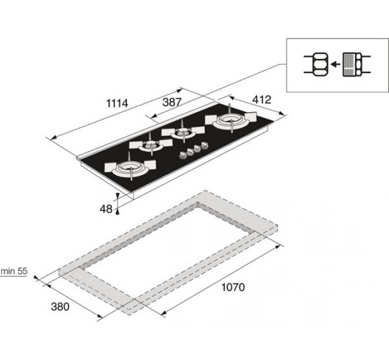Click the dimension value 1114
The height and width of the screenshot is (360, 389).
coord(117,103)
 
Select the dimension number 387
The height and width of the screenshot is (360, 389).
coord(172,102)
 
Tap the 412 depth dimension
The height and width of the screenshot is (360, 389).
coord(262,99)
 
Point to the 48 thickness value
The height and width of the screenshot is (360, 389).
coord(106,209)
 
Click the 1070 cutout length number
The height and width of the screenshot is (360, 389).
coord(233,287)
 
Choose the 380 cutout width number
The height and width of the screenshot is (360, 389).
coord(60,307)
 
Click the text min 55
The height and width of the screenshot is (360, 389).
coord(14,271)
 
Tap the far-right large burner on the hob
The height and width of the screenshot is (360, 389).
coord(231,120)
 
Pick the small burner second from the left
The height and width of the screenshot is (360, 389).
coord(150,145)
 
